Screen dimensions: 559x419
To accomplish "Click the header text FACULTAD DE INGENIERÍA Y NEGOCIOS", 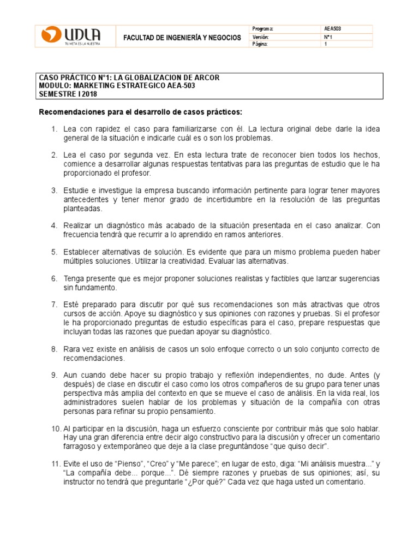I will pos(182,38).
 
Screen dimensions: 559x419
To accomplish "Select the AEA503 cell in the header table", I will pos(333,29).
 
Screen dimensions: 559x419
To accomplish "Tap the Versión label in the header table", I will pos(261,37).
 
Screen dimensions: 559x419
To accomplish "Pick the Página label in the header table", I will pos(261,44).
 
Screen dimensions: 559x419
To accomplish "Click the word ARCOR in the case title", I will pos(207,78).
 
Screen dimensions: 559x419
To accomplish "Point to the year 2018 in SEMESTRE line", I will pos(88,93).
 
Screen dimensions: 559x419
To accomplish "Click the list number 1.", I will pos(53,129).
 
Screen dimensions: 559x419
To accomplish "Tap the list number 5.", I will pos(53,252).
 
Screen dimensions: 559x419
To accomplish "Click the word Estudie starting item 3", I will pos(75,190).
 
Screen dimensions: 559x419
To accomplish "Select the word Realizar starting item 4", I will pos(77,225).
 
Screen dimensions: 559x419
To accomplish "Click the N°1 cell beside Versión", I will pos(328,37).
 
